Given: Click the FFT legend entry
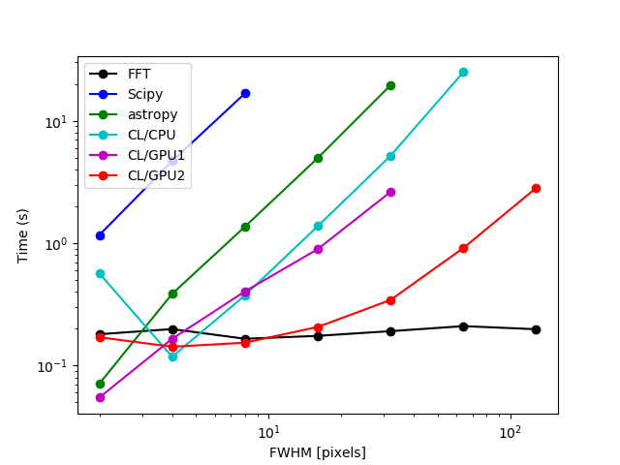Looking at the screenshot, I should click(x=139, y=74).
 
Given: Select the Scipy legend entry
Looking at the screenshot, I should click(x=144, y=94).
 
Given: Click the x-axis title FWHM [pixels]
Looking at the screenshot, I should click(x=318, y=452).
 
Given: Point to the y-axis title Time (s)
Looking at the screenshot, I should click(x=23, y=235).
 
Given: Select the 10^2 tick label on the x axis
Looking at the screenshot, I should click(x=510, y=431).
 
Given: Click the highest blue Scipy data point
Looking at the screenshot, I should click(x=245, y=93).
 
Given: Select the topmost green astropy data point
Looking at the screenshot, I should click(x=390, y=85).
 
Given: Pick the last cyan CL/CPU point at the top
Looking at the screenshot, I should click(x=463, y=72).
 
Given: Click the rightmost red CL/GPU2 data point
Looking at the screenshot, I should click(x=536, y=188).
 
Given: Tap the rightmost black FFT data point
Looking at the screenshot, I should click(x=536, y=329).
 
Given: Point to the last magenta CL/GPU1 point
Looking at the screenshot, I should click(x=390, y=192).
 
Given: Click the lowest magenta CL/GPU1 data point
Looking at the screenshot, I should click(x=100, y=397).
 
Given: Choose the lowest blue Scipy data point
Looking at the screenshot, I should click(x=100, y=235).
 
